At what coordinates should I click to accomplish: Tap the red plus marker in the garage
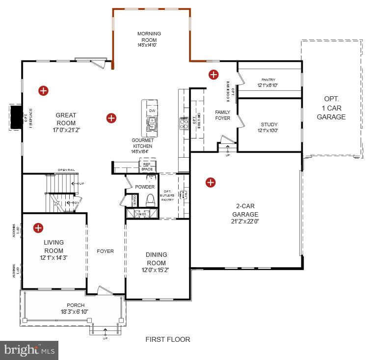(x=211, y=182)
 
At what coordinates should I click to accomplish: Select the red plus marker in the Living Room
(x=38, y=227)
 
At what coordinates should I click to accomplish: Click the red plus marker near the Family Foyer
(x=214, y=75)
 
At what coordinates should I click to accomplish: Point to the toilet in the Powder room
(x=151, y=200)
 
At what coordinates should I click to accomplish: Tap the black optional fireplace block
(x=15, y=118)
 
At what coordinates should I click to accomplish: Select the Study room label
(x=269, y=125)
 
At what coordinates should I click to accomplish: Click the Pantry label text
(x=268, y=80)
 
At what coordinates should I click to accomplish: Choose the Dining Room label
(x=156, y=255)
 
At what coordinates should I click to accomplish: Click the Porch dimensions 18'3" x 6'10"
(x=76, y=312)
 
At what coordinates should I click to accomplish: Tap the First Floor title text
(x=167, y=339)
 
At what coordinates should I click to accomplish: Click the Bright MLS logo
(x=29, y=350)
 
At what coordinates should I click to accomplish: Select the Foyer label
(x=105, y=251)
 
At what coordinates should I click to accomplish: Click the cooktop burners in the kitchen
(x=184, y=123)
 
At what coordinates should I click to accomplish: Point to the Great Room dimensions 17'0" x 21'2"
(x=66, y=131)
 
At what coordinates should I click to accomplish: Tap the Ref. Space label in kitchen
(x=147, y=167)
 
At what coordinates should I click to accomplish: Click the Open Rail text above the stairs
(x=65, y=170)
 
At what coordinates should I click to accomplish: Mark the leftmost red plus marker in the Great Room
(x=44, y=90)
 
